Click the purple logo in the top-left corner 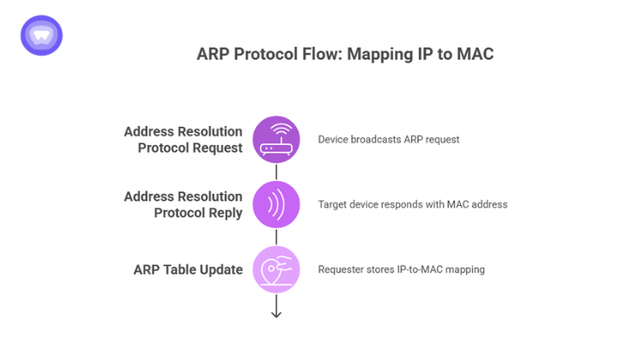41,35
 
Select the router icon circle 276,139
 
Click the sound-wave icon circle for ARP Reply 276,205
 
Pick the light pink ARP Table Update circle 276,269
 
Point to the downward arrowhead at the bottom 276,314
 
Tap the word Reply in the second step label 222,213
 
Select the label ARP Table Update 188,269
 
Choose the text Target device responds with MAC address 412,205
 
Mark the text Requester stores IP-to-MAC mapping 401,269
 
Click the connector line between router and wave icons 276,171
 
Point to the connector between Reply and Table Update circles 276,237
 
